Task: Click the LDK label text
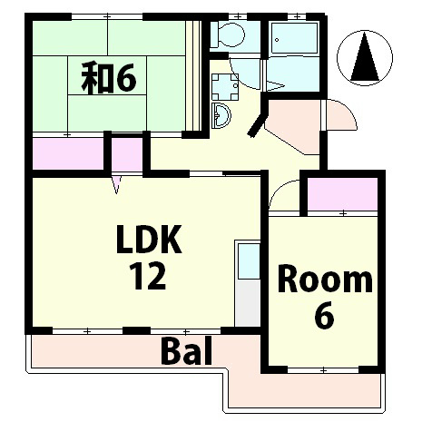(149, 239)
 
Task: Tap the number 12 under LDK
(148, 276)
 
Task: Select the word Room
(325, 279)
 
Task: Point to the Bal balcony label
(186, 350)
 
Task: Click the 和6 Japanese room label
(109, 77)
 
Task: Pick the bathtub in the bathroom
(294, 38)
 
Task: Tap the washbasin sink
(221, 115)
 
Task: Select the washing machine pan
(225, 87)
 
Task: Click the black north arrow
(365, 57)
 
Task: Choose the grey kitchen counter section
(248, 303)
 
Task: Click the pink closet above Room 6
(342, 194)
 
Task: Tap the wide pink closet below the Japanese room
(68, 154)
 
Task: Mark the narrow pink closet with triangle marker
(127, 154)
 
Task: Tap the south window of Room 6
(323, 370)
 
